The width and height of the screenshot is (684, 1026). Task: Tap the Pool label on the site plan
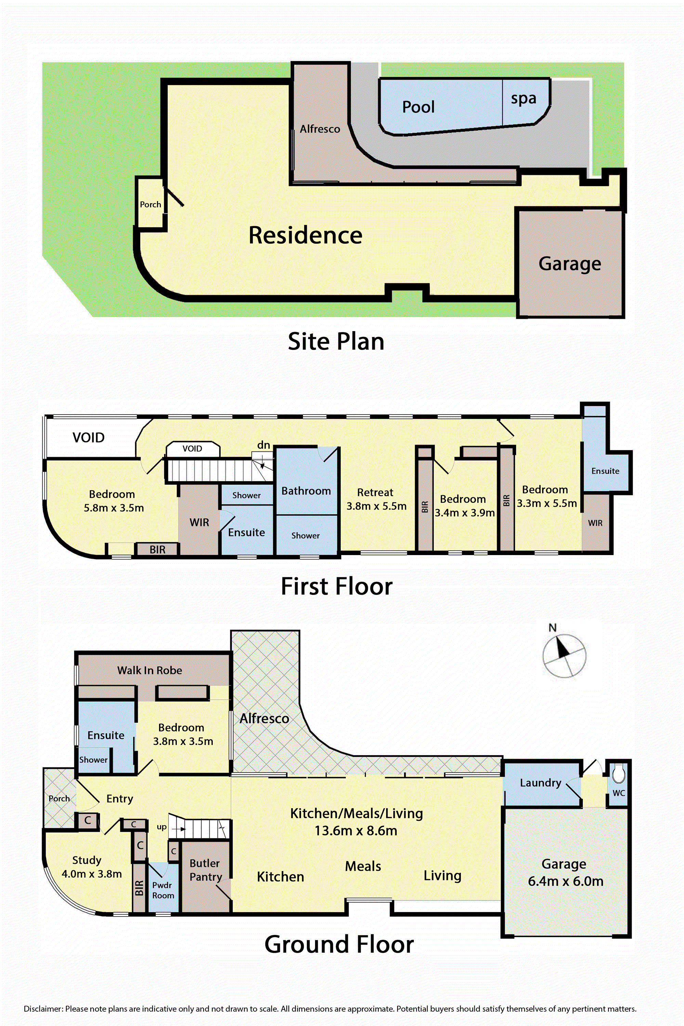point(418,107)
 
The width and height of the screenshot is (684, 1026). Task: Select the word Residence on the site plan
point(305,235)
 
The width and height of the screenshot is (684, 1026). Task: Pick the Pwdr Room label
point(163,890)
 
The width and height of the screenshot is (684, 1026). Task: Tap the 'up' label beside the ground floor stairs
point(161,827)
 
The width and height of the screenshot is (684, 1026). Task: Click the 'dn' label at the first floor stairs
point(263,445)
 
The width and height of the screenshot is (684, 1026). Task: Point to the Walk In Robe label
point(150,670)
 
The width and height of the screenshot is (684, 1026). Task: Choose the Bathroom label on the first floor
point(306,491)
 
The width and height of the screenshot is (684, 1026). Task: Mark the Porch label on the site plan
point(150,205)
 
